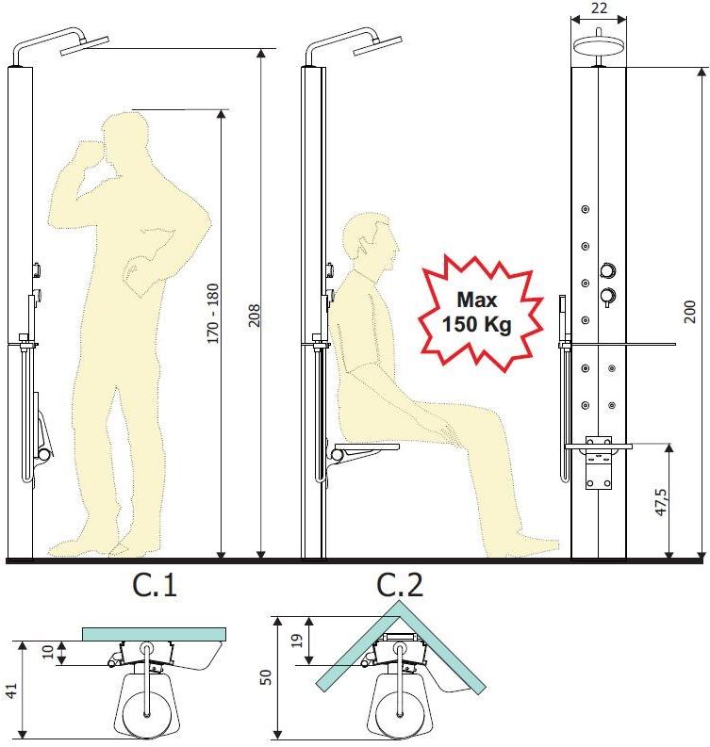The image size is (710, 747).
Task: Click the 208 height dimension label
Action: point(256,316)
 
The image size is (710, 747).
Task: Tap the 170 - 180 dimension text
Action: point(213,313)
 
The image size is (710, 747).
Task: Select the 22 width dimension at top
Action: point(599,8)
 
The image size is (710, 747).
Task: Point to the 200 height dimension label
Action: point(690,312)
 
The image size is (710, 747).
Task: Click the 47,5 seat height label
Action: point(661,502)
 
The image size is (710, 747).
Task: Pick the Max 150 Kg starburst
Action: point(480,313)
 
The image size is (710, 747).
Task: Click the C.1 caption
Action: point(155,585)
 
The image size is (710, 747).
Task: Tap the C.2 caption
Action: point(400,585)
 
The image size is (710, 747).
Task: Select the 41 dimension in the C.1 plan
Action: point(10,690)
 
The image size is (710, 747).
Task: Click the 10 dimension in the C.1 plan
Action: point(48,652)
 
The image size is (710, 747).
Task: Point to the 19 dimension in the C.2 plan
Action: point(297,641)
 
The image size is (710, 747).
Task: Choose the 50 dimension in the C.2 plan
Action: point(265,677)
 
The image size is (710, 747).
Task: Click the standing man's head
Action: point(124,139)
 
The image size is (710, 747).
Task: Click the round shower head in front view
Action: point(599,46)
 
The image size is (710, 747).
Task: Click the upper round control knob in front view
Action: point(608,270)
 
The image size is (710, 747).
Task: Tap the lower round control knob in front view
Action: point(608,296)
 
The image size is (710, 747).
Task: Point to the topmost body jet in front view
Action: point(586,209)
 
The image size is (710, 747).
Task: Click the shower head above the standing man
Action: point(85,46)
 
